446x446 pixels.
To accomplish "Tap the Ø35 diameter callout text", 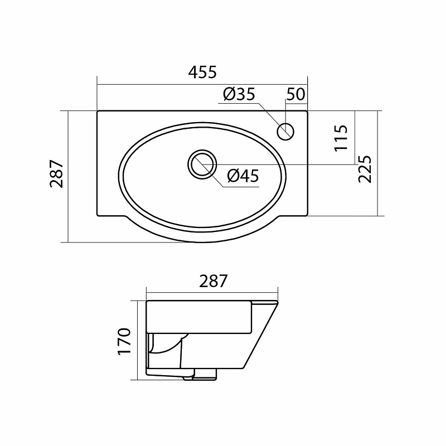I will tap(239, 95).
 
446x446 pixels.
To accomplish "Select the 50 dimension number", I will tap(296, 95).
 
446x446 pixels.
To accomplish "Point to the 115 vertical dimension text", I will tap(341, 137).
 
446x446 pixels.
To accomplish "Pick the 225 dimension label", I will tap(365, 168).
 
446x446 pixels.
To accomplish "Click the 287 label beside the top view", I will tap(57, 174).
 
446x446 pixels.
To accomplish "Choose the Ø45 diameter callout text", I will tap(243, 176).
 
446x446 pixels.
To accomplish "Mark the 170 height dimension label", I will tap(124, 341).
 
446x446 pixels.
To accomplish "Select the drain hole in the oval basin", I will tap(202, 164).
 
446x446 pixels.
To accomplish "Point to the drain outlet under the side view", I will tap(201, 376).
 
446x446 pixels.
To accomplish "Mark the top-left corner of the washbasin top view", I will tap(98, 111).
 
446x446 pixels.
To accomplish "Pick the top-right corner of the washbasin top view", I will tap(307, 111).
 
